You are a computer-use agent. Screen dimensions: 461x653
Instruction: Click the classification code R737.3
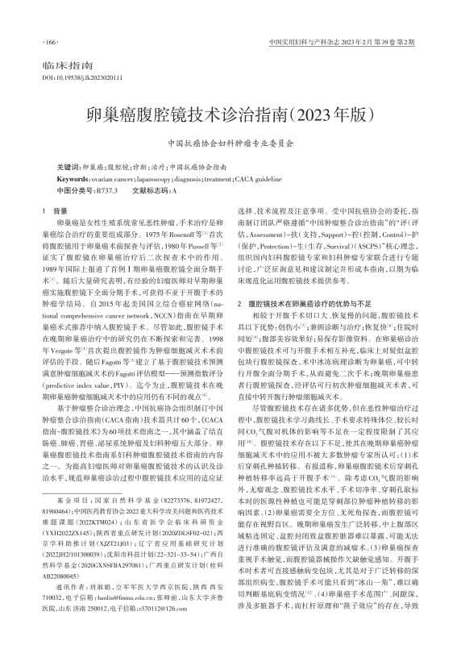tap(106, 189)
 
